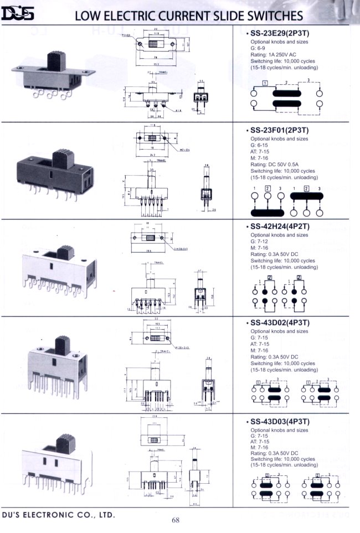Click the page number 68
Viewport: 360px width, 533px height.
(176, 520)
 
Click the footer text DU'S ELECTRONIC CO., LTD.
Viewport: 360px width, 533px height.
(58, 515)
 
